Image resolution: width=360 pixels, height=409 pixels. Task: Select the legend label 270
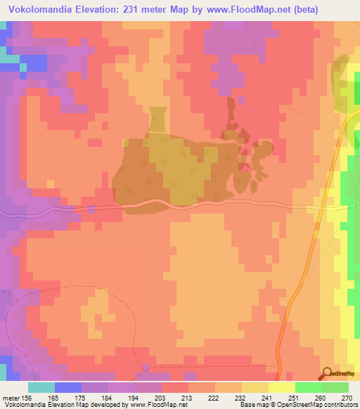(x=346, y=397)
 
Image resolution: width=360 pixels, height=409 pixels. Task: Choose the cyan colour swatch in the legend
(x=41, y=387)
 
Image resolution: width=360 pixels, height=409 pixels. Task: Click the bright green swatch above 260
(x=308, y=387)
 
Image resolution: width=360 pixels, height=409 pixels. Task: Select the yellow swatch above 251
(x=281, y=387)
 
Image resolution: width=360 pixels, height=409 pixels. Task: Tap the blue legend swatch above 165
(x=67, y=387)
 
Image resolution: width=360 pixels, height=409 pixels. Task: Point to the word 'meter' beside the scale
(x=11, y=397)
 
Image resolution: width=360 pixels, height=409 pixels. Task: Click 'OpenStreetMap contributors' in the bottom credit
(x=316, y=405)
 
